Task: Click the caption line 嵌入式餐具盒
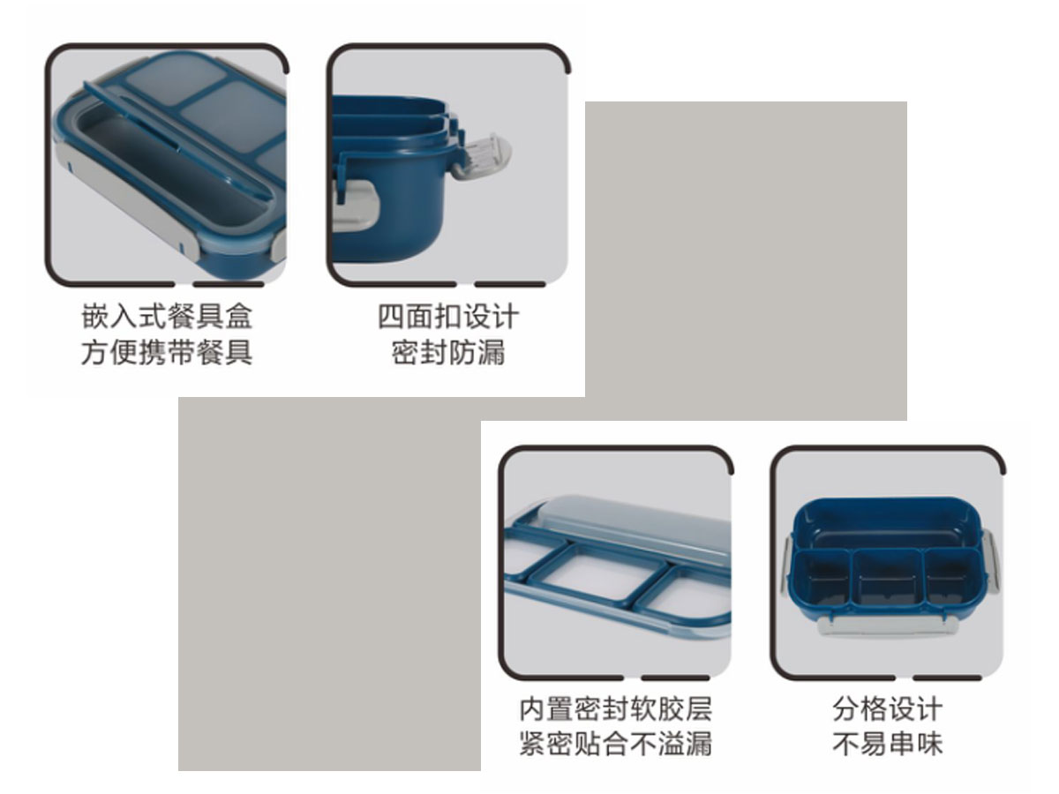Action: [x=167, y=316]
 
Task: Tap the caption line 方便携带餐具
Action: [x=167, y=352]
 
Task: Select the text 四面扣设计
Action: [x=448, y=316]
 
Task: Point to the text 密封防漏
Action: [x=448, y=352]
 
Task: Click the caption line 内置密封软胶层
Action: [x=616, y=709]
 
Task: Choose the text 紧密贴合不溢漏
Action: [x=616, y=744]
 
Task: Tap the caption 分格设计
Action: [x=887, y=709]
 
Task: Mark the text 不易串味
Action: [x=887, y=744]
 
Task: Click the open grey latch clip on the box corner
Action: [x=485, y=157]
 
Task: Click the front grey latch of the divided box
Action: [x=887, y=626]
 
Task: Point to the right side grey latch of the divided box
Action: [x=990, y=563]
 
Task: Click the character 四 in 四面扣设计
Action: [x=391, y=316]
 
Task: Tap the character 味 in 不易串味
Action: [x=929, y=744]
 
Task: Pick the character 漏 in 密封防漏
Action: [x=492, y=352]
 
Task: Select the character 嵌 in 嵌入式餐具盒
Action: [x=94, y=316]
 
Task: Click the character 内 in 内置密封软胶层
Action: [x=533, y=709]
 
